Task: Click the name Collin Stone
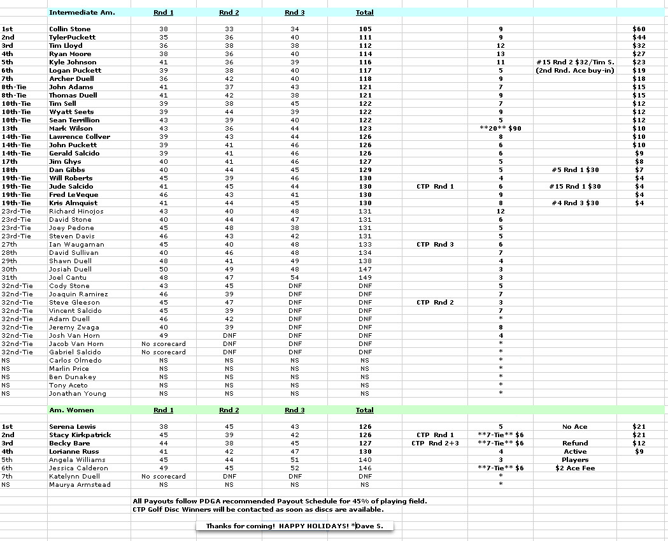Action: coord(70,29)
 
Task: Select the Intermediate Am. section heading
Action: coord(82,13)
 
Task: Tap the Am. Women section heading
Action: coord(71,410)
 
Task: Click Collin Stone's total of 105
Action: coord(364,29)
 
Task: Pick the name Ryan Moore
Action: coord(70,54)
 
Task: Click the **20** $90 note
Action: coord(500,129)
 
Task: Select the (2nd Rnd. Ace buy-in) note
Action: coord(574,71)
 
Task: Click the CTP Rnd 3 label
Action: coord(435,245)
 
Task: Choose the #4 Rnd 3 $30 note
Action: coord(574,203)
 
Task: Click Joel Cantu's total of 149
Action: coord(364,278)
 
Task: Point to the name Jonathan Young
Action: coord(78,394)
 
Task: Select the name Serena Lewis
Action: coord(72,427)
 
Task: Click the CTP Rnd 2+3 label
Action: coord(435,444)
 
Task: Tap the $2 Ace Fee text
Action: coord(574,468)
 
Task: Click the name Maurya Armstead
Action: coord(80,485)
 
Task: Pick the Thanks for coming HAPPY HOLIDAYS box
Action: coord(294,526)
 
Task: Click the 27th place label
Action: coord(10,245)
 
